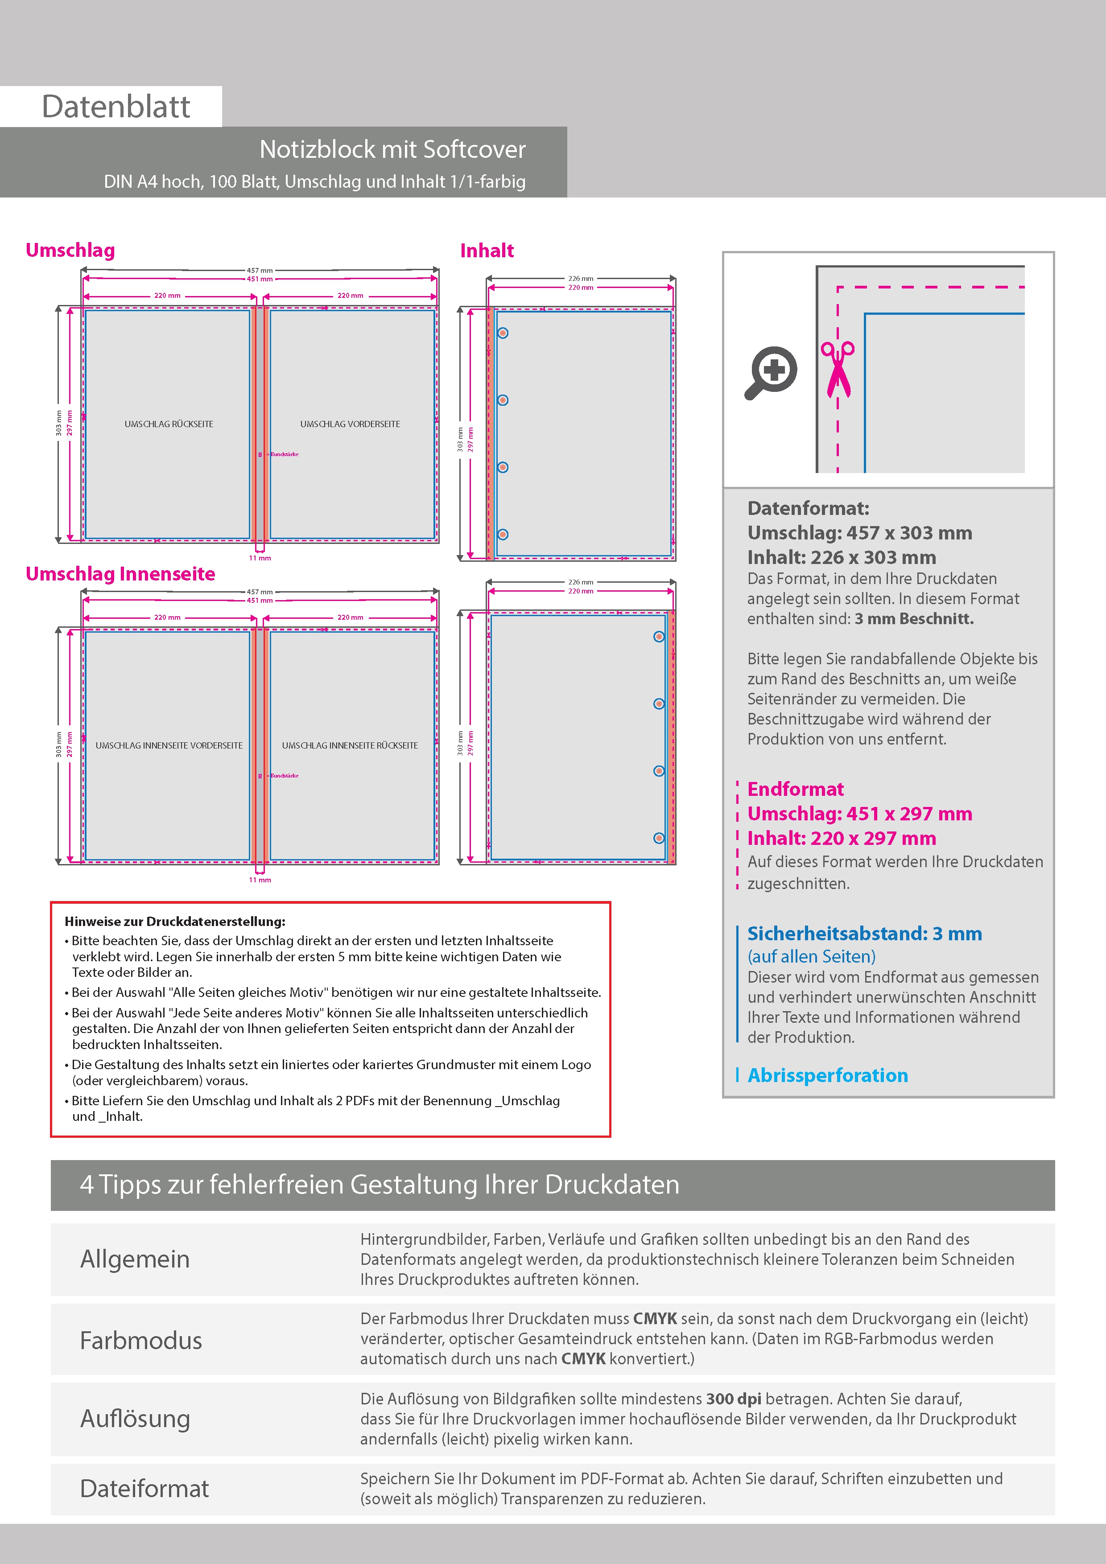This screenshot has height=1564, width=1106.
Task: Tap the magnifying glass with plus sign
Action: click(x=772, y=372)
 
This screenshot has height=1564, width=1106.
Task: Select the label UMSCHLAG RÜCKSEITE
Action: click(x=169, y=424)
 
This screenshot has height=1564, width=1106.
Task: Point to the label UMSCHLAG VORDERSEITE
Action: click(x=350, y=424)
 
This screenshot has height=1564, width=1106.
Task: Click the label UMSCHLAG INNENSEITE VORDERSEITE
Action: click(x=169, y=745)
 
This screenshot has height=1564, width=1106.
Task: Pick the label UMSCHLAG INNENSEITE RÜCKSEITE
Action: click(x=350, y=745)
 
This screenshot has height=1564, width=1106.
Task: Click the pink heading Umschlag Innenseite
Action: click(x=120, y=573)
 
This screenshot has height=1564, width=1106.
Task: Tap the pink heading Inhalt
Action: click(x=487, y=251)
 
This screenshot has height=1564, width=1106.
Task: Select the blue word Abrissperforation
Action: click(x=827, y=1075)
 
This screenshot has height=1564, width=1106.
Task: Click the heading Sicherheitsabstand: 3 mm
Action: click(x=864, y=933)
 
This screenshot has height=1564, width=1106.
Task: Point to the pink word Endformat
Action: click(x=795, y=789)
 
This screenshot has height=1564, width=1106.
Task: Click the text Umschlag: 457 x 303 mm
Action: click(x=859, y=533)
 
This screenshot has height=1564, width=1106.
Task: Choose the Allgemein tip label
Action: click(x=135, y=1259)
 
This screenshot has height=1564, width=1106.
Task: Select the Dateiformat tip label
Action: click(x=144, y=1488)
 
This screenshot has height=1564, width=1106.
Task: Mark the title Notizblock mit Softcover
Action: click(x=392, y=149)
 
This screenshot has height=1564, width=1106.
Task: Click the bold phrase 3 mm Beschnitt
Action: click(x=914, y=618)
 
